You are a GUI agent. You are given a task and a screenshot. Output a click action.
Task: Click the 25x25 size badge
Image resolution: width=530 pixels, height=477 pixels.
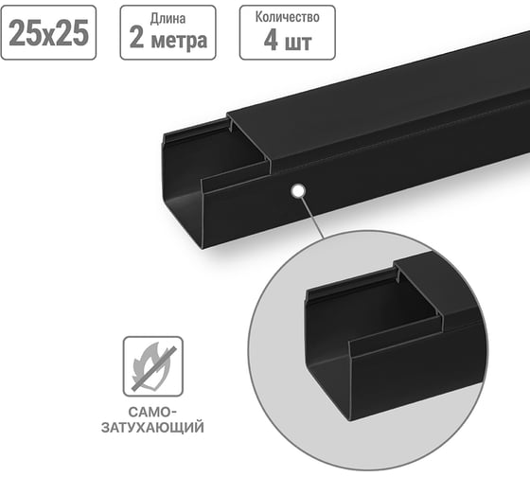(x=49, y=33)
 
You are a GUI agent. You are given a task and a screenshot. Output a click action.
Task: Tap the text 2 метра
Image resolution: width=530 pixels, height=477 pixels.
(x=168, y=41)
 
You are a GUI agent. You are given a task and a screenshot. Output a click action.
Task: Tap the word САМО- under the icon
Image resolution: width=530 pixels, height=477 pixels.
(x=152, y=413)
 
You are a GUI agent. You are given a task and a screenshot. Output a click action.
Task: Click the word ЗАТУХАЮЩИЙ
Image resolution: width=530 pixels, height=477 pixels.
(x=152, y=429)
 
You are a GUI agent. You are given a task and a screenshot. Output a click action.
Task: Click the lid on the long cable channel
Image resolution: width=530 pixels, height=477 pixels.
(x=379, y=104)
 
